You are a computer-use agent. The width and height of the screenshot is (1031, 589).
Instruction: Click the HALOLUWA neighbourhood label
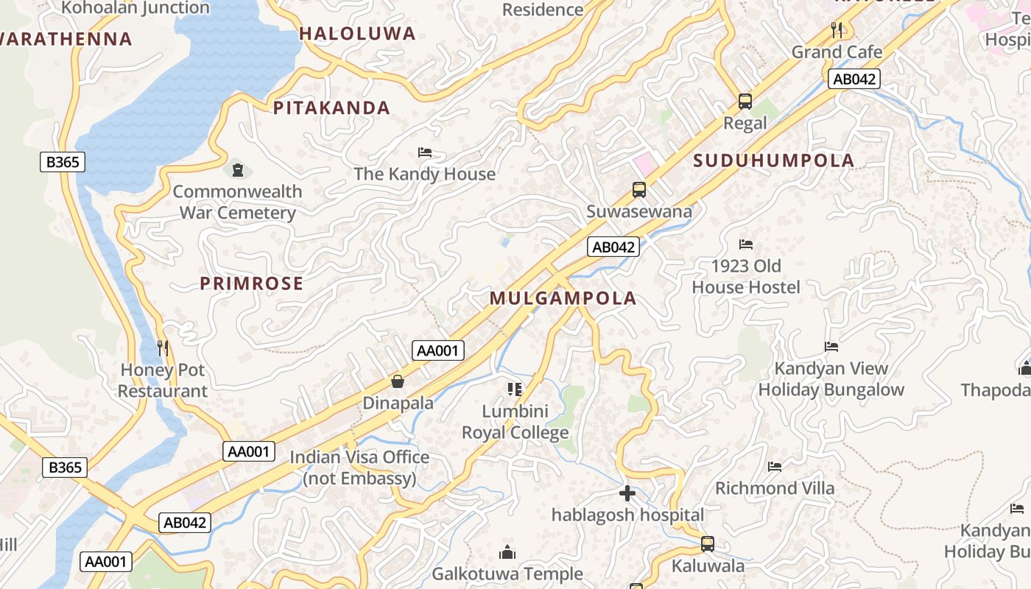(357, 33)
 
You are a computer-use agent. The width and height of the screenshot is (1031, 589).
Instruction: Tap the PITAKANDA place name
(331, 108)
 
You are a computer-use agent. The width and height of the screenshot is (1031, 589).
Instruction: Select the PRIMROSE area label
(251, 283)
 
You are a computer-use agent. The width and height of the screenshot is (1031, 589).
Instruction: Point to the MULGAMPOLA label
(563, 298)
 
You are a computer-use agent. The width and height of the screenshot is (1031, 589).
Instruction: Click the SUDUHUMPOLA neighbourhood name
(773, 161)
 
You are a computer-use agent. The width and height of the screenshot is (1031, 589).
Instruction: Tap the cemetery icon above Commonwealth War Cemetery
(237, 170)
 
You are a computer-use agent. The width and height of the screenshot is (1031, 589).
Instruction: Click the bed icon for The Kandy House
(425, 152)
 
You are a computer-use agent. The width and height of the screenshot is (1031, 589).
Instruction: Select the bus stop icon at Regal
(745, 102)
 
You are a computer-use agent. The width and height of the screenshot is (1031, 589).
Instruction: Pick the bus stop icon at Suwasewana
(639, 190)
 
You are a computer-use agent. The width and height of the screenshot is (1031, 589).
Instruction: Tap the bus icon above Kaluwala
(707, 544)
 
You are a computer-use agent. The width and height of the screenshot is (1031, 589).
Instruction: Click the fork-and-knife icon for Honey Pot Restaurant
(163, 348)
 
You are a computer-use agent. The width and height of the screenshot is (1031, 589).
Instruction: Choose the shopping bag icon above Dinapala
(398, 381)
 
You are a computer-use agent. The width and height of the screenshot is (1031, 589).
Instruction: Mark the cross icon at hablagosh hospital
(627, 493)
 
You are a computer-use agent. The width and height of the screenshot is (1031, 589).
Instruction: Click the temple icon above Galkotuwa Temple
(507, 552)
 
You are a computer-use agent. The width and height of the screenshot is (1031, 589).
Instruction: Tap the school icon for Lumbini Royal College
(515, 389)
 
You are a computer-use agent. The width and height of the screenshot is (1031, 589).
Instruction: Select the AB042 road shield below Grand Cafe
(854, 80)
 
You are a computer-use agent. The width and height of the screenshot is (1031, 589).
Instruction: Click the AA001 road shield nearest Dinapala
(438, 350)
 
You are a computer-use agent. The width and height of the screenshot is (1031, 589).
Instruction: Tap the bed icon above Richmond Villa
(774, 466)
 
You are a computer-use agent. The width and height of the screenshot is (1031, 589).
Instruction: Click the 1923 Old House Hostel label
(746, 276)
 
